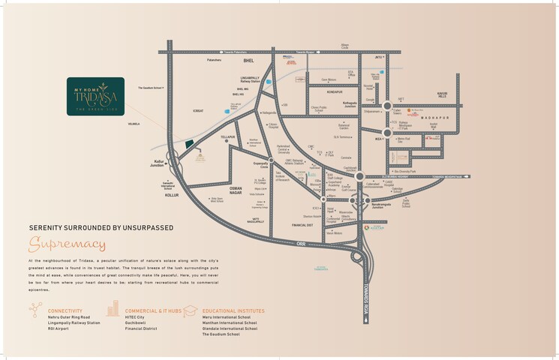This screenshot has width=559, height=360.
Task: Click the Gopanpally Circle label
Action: (x=260, y=163)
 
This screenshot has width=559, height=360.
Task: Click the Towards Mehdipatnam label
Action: (x=447, y=176)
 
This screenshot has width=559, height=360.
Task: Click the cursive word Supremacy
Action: (x=68, y=244)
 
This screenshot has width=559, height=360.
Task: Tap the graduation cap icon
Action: (x=191, y=310)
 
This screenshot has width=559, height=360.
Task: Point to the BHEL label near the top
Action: (x=250, y=58)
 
